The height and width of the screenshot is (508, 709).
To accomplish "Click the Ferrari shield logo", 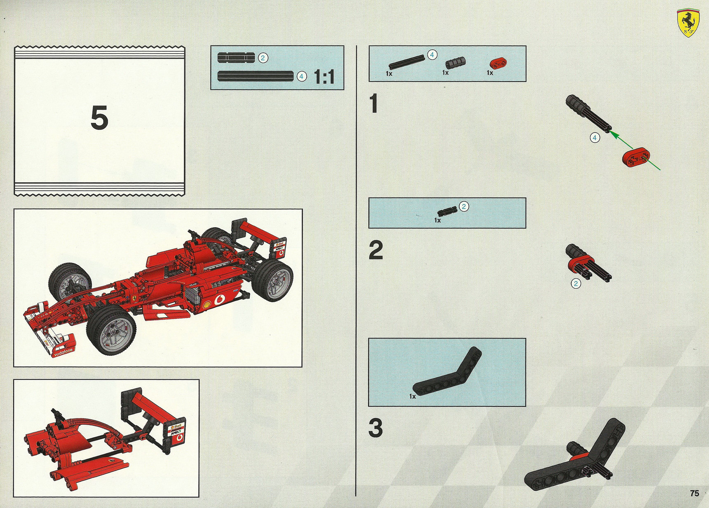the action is [688, 23].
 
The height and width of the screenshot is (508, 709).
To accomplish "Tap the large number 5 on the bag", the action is [99, 118].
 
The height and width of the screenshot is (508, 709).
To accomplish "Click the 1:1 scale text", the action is [324, 77].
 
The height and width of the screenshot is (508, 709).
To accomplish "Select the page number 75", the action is [695, 493].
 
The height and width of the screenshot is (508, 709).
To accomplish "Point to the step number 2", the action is [376, 250].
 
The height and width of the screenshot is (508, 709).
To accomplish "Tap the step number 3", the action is [376, 428].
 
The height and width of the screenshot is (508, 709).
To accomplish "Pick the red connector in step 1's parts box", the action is [498, 63].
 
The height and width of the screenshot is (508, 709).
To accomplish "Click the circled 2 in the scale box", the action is [263, 58].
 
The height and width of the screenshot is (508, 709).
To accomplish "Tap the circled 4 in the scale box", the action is [302, 76].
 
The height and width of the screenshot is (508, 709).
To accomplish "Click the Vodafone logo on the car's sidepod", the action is [218, 299].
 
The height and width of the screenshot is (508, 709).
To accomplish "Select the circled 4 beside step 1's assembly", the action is [594, 138].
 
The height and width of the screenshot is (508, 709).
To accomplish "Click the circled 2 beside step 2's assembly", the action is [576, 284].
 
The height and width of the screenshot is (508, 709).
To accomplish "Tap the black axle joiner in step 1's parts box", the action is [455, 63].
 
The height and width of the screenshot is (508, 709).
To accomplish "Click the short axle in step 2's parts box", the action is [448, 211].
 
